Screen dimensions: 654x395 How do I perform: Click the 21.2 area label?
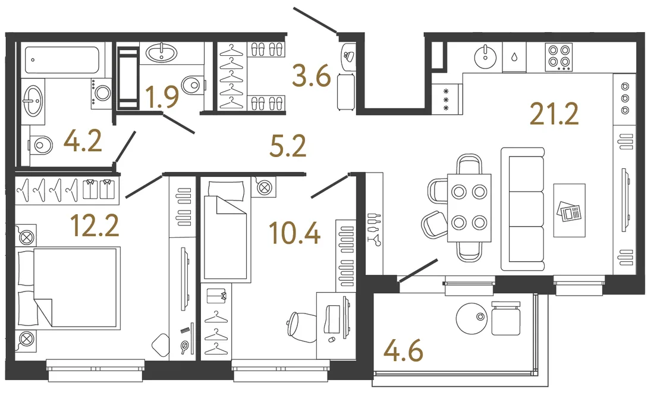[554, 114]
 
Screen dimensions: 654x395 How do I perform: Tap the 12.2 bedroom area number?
[95, 225]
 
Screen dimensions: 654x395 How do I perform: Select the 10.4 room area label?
[295, 233]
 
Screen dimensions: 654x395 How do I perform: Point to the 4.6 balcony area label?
[403, 351]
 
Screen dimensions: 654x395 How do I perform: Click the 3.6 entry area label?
[312, 76]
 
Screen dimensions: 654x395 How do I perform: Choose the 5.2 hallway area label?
[288, 146]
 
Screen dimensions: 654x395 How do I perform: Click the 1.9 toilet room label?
[162, 96]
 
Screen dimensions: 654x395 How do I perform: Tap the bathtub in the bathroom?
[62, 59]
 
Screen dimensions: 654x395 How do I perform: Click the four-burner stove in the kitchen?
[558, 57]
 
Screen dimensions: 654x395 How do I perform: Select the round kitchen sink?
[485, 57]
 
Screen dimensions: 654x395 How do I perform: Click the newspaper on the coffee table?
[569, 211]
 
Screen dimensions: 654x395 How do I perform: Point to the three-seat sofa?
[523, 209]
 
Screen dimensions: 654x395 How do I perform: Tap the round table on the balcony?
[471, 318]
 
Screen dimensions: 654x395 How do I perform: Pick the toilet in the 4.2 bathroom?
[40, 146]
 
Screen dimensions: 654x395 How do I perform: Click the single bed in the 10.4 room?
[226, 230]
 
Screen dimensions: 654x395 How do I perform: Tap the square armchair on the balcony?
[506, 319]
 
